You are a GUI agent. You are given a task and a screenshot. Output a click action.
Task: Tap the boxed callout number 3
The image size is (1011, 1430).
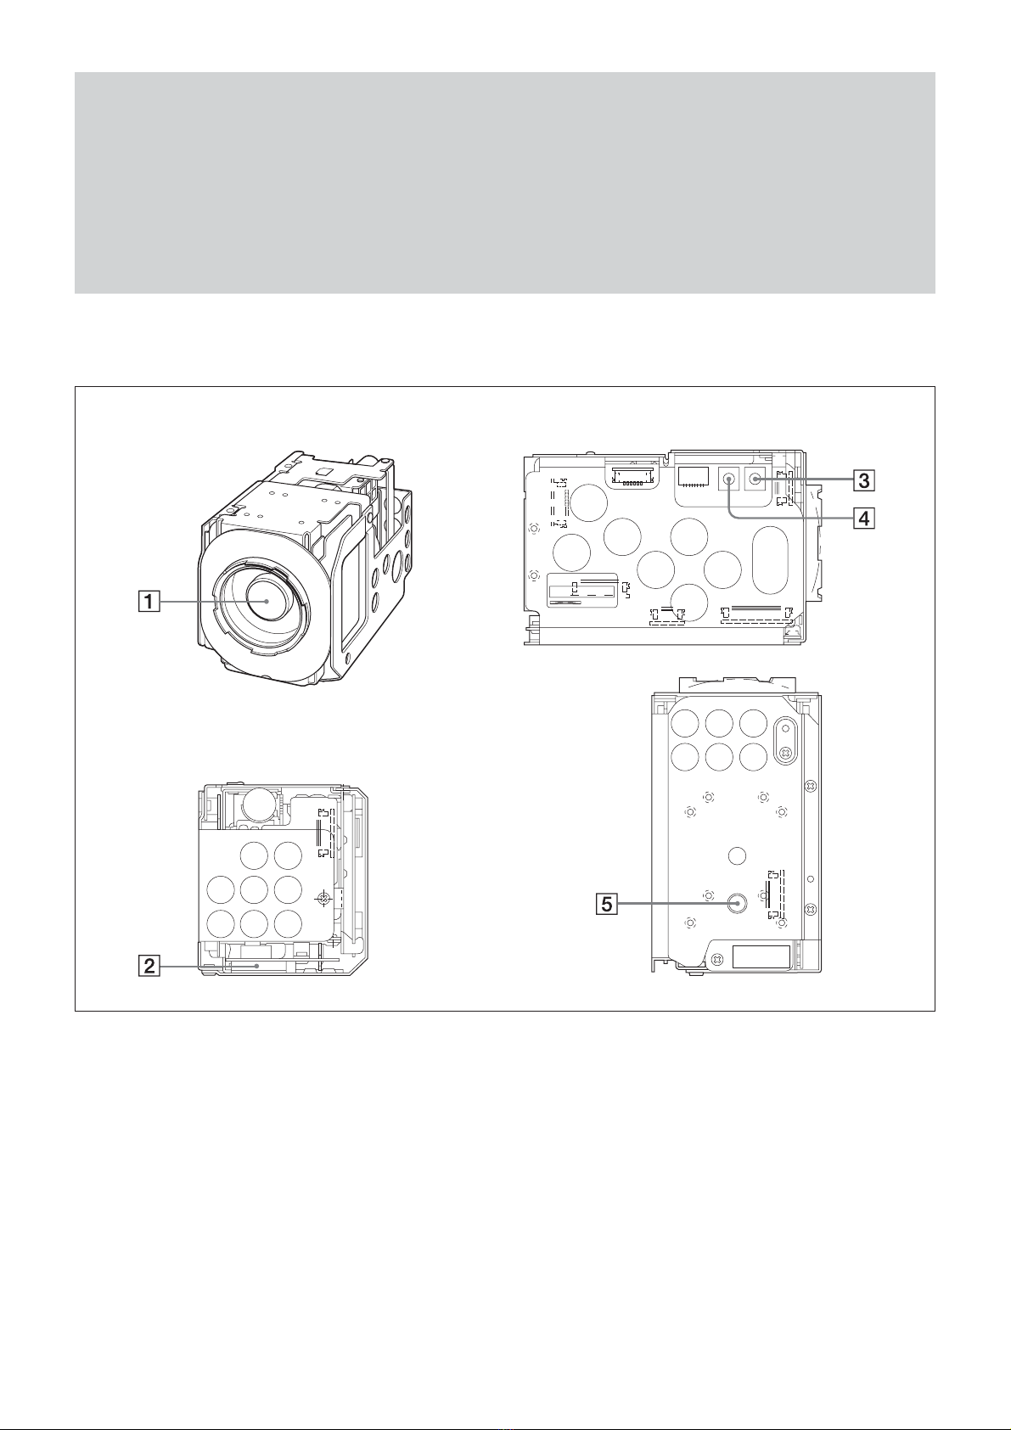pyautogui.click(x=863, y=479)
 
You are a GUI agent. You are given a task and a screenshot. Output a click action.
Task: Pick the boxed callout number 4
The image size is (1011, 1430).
pyautogui.click(x=863, y=519)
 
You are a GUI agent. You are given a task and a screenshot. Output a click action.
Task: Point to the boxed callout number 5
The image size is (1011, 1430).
pyautogui.click(x=608, y=904)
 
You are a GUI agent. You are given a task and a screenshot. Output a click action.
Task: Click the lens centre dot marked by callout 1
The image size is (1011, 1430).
pyautogui.click(x=267, y=602)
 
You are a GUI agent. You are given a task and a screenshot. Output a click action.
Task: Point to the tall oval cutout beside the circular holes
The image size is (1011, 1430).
pyautogui.click(x=771, y=559)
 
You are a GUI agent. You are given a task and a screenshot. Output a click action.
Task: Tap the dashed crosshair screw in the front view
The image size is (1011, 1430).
pyautogui.click(x=323, y=898)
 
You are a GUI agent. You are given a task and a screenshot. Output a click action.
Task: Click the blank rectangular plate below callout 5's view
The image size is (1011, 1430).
pyautogui.click(x=761, y=956)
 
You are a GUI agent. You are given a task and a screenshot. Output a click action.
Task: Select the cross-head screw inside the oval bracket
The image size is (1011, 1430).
pyautogui.click(x=785, y=752)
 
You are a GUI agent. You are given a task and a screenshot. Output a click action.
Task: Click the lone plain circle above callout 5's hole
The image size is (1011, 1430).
pyautogui.click(x=737, y=855)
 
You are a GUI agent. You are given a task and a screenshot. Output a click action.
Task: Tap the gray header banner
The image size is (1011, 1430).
pyautogui.click(x=504, y=182)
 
